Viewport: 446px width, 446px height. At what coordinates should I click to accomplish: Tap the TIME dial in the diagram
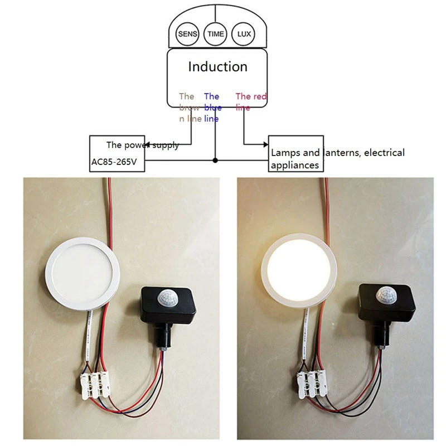[x=216, y=34]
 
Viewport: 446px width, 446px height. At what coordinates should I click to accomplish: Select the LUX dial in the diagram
[x=244, y=34]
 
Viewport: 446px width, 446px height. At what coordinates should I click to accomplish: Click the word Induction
[x=217, y=67]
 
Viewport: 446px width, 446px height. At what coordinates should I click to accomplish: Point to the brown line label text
[x=190, y=107]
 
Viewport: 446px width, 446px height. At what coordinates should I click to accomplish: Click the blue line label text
[x=212, y=107]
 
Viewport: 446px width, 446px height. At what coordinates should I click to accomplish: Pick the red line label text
[x=251, y=101]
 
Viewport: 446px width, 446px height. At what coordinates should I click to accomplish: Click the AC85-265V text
[x=114, y=164]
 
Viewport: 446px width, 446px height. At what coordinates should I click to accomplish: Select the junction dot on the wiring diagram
[x=215, y=161]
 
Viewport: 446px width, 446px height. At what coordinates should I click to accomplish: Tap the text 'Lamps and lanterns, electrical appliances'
[x=337, y=158]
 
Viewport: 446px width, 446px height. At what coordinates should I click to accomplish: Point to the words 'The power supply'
[x=143, y=145]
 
